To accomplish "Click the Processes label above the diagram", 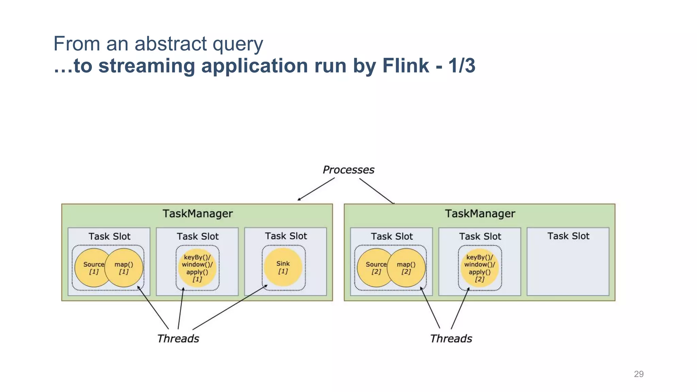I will click(348, 170).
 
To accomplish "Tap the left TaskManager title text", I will click(197, 214).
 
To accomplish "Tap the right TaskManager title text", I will click(480, 214).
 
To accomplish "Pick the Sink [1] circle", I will click(283, 267).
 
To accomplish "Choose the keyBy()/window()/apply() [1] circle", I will click(197, 268).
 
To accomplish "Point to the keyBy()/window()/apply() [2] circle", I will click(480, 268).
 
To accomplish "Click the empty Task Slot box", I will click(568, 265).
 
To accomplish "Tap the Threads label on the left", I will click(178, 339).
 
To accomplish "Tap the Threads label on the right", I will click(451, 339).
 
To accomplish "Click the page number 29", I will click(638, 374).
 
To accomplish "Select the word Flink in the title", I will click(405, 65).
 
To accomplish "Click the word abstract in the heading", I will click(171, 44).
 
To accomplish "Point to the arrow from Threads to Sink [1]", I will click(230, 308).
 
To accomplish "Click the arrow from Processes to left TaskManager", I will click(316, 189).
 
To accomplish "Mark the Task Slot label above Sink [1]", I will click(286, 236).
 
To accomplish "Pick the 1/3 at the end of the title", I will click(461, 65).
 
